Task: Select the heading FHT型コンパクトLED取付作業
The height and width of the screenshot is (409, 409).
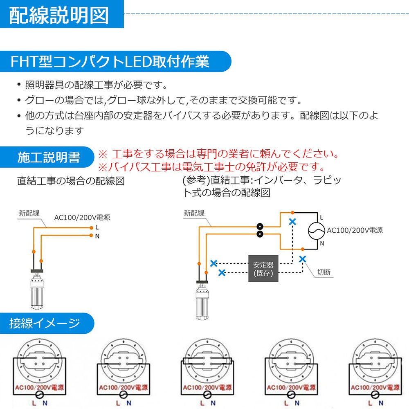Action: point(110,62)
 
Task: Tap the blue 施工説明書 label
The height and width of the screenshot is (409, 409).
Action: point(49,158)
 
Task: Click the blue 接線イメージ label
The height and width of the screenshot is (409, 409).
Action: point(45,324)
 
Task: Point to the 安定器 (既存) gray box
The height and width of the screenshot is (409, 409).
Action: point(263,268)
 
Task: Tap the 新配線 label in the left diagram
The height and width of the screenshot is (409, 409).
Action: point(29,213)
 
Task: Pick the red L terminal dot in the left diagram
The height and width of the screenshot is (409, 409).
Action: point(90,227)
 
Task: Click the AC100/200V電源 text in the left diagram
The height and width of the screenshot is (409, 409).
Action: point(82,218)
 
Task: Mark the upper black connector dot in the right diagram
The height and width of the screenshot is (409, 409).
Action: point(259,226)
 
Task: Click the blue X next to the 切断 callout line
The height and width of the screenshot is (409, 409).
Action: point(303,258)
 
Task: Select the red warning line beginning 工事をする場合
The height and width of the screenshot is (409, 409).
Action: point(223,155)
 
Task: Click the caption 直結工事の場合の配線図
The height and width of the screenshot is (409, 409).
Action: point(71,181)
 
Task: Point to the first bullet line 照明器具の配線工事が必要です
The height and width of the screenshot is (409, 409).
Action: point(96,85)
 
